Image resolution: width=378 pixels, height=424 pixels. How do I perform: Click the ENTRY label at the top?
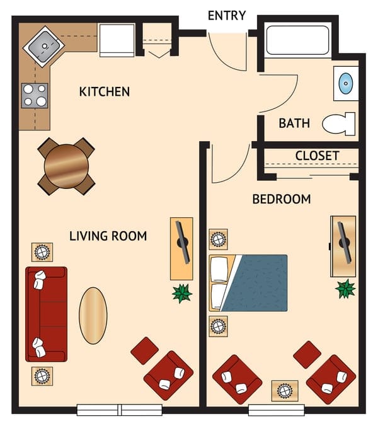pos(226,16)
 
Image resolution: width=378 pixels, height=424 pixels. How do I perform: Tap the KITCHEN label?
pos(105,92)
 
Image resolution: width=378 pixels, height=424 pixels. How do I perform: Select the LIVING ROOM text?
pos(108,236)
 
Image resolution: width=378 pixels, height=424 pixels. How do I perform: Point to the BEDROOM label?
pos(282,200)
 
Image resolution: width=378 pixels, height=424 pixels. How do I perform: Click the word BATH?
pos(294,123)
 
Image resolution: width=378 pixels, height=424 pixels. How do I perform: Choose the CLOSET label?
pos(317,156)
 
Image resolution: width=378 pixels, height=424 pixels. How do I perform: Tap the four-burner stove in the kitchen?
pos(35,96)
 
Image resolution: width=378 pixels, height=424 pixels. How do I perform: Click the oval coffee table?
pos(93,316)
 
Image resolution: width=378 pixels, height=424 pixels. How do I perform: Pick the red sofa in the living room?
pos(45,313)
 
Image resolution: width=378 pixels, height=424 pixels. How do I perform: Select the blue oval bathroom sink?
pos(346,83)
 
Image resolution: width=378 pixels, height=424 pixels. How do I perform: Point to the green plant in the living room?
pos(182,293)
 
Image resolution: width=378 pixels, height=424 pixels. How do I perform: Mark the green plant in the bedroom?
pos(345,289)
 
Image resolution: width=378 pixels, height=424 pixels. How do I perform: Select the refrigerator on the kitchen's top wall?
pos(117,40)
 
